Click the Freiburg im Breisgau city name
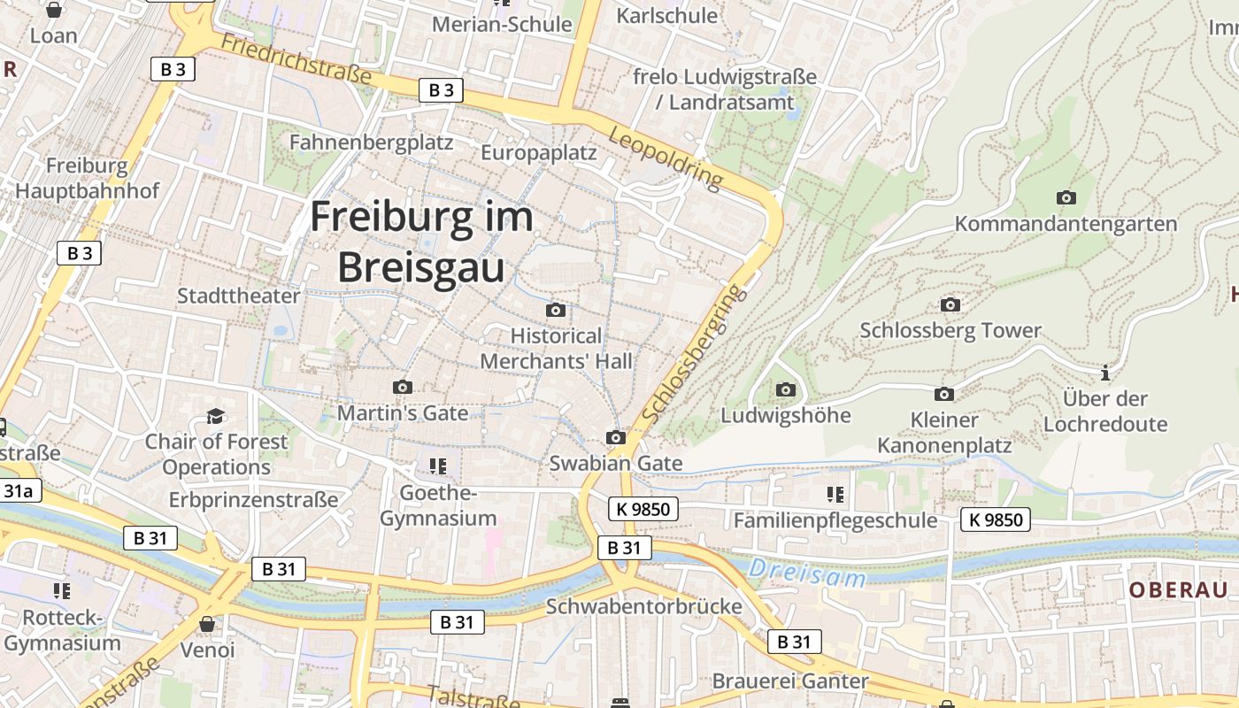tap(421, 242)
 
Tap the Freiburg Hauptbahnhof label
tap(87, 178)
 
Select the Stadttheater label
tap(239, 296)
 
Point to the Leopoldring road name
tap(666, 158)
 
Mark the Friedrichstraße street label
tap(296, 59)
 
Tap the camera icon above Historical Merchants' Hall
tap(556, 310)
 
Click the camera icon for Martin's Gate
tap(403, 387)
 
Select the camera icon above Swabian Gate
tap(616, 437)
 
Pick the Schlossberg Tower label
tap(950, 331)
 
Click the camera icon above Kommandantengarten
tap(1066, 197)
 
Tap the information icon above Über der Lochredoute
tap(1104, 373)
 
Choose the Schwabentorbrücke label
tap(643, 606)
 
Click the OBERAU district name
tap(1178, 590)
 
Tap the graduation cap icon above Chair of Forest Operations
tap(215, 416)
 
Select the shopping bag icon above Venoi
tap(207, 624)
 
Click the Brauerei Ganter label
tap(790, 681)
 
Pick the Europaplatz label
tap(539, 152)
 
